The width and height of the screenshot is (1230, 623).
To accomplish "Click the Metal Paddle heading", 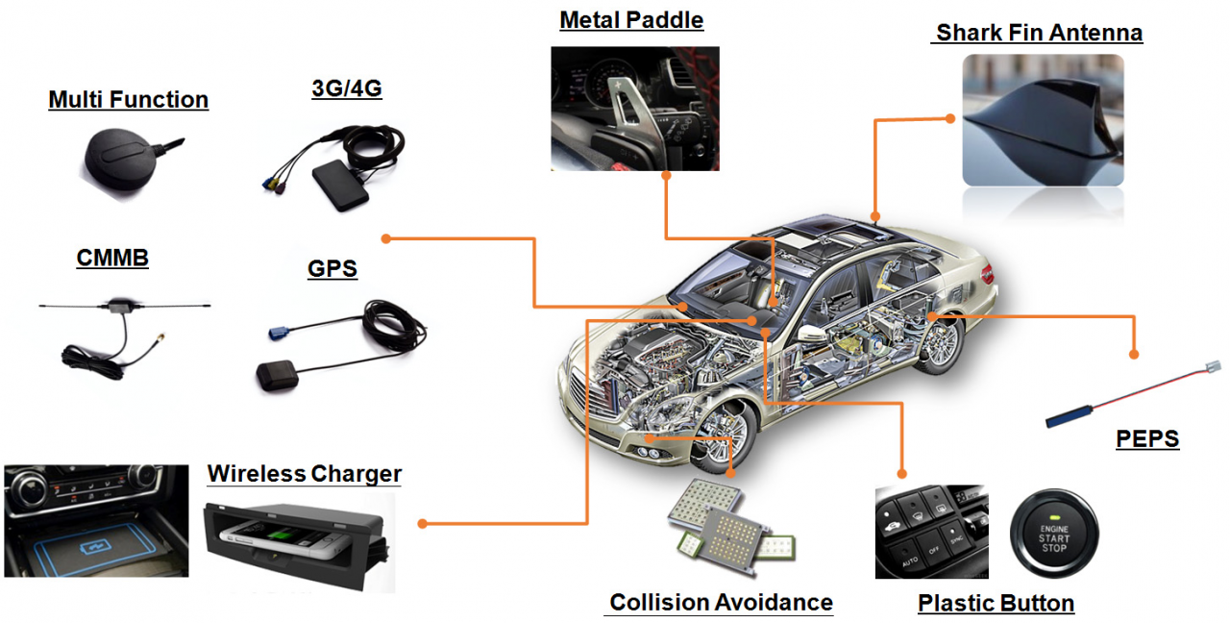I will click(x=631, y=20).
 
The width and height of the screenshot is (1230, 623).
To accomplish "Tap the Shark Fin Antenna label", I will click(x=1039, y=33).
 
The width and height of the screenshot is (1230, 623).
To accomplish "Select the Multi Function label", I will click(x=128, y=99).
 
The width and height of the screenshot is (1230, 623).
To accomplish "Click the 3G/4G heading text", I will click(x=346, y=88).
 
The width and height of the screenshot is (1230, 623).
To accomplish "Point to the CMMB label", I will click(x=112, y=258).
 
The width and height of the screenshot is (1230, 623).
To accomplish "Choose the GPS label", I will click(x=332, y=268).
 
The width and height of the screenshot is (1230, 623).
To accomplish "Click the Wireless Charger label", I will click(x=304, y=473).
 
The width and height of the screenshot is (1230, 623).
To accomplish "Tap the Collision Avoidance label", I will click(x=721, y=603).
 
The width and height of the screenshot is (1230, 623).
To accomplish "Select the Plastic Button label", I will click(x=996, y=604).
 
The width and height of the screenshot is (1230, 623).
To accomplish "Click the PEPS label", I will click(x=1146, y=439).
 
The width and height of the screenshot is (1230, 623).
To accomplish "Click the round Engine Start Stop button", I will click(x=1053, y=534).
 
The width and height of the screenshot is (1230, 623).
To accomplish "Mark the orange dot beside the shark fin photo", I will click(x=950, y=118).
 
